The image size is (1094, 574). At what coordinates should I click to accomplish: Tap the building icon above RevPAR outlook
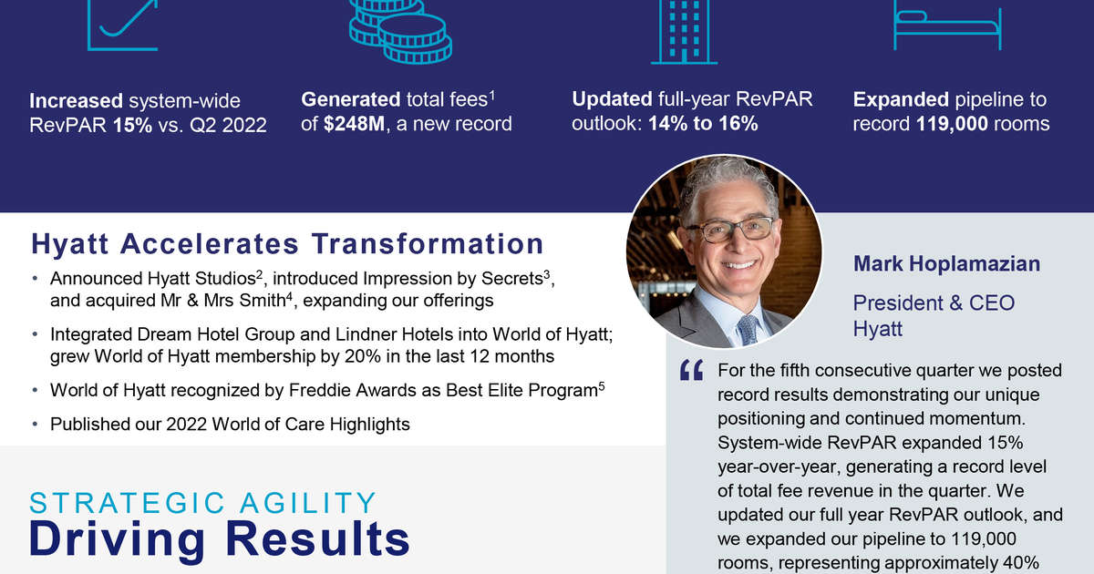pos(684,32)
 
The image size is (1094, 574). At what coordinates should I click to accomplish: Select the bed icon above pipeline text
pos(947,27)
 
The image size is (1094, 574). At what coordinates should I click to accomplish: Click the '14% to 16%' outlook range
pos(703,123)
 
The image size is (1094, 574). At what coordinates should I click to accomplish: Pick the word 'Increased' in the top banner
pos(75,100)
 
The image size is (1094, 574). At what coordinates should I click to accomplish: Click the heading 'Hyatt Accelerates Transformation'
pos(287,244)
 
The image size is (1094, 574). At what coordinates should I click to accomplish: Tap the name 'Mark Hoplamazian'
pos(946,264)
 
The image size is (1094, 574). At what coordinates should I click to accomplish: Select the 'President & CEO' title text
pos(934,302)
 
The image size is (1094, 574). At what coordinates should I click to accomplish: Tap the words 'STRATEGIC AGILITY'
pos(202,503)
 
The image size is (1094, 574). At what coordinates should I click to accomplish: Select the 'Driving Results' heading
pos(219,539)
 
